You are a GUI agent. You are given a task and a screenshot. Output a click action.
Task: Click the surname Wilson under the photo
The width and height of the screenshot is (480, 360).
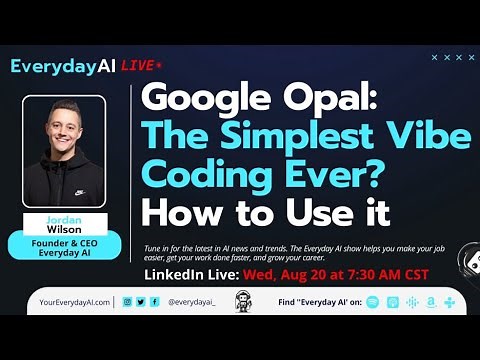tap(63, 225)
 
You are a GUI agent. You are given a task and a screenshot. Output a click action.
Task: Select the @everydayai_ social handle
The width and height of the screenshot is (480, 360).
tap(191, 301)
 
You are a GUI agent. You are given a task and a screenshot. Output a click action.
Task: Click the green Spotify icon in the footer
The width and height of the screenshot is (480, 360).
tap(372, 301)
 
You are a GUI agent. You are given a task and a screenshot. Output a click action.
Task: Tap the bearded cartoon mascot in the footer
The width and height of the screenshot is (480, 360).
tap(240, 300)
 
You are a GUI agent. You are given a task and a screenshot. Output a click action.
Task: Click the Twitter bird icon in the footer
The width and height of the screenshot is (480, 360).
tap(140, 301)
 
